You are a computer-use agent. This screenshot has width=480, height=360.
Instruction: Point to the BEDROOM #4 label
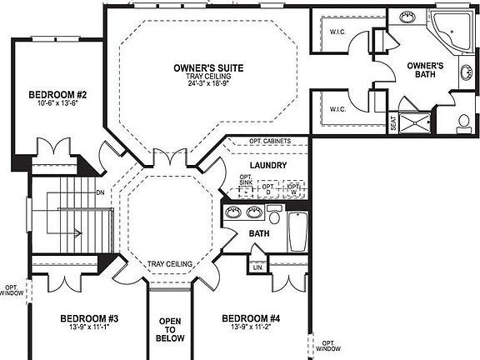click(251, 318)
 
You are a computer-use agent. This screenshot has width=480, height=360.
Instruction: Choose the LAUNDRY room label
click(267, 166)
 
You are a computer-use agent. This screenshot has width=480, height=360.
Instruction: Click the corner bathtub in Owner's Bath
click(451, 31)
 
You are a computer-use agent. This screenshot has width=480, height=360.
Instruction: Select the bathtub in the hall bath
click(297, 231)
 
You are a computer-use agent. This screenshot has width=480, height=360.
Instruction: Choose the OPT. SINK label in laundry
click(246, 182)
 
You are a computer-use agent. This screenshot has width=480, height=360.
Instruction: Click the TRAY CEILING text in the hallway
click(171, 264)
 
